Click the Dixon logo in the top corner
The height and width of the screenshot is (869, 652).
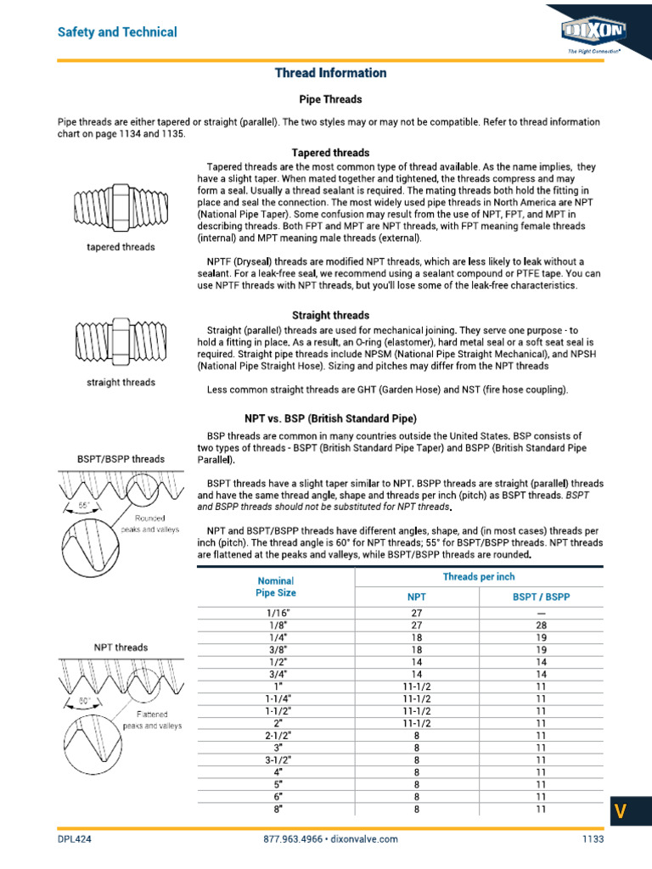pos(593,32)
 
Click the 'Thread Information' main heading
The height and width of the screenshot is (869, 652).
pos(330,73)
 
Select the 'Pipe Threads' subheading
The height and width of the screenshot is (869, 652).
pos(330,98)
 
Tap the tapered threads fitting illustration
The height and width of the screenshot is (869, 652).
pos(121,208)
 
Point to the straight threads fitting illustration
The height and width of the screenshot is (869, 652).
pos(121,341)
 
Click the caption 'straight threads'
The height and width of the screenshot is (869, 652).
pos(121,383)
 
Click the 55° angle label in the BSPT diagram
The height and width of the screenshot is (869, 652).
pos(84,505)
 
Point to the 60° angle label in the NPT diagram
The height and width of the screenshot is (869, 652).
pos(84,701)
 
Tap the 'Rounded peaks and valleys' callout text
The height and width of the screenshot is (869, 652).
pos(154,523)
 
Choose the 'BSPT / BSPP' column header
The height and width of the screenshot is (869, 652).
pos(541,597)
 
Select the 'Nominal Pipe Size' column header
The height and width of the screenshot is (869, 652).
pos(275,587)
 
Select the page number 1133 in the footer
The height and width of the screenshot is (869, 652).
pos(592,839)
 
